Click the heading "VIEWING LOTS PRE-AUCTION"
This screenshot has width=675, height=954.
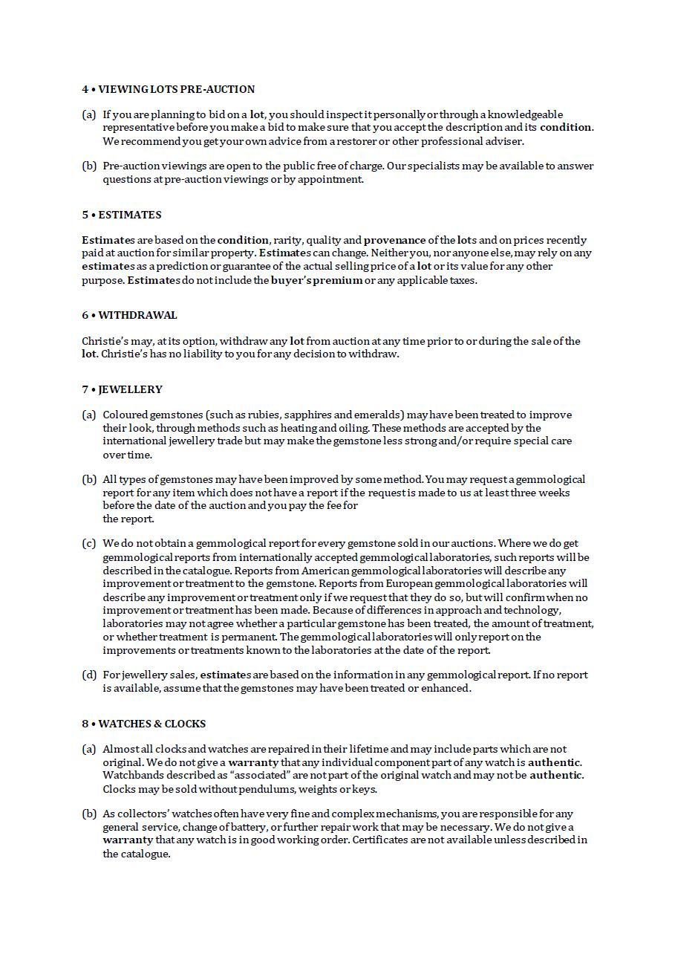coord(176,89)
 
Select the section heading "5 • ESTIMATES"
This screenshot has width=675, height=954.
coord(121,215)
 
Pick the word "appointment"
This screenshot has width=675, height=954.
coord(330,179)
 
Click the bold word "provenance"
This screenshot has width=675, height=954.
coord(394,240)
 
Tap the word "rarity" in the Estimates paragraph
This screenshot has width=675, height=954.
coord(287,240)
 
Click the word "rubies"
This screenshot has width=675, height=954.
coord(296,415)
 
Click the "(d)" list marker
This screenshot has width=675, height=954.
coord(89,675)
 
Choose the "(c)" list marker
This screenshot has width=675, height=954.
coord(89,544)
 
